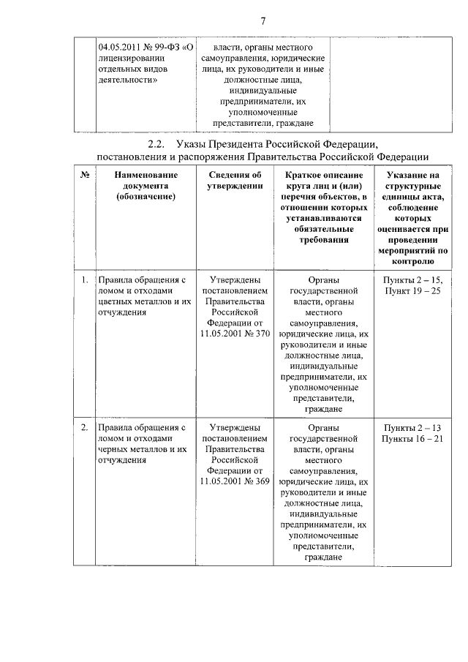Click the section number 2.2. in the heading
158,143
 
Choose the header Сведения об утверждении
235,181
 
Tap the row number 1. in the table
85,280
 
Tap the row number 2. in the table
85,427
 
